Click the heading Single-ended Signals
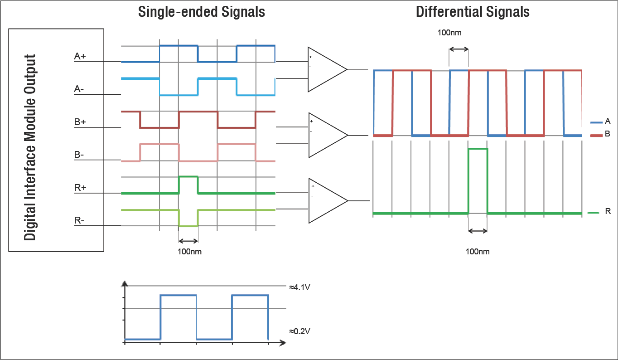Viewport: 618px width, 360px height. click(x=201, y=12)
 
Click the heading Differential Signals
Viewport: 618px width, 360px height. click(x=473, y=12)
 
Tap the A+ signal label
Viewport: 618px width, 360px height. click(x=80, y=56)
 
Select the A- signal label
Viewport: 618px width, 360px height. click(x=79, y=89)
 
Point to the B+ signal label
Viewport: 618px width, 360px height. click(x=80, y=122)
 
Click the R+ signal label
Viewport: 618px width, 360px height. click(x=80, y=188)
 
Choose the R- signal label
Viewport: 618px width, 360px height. click(x=79, y=221)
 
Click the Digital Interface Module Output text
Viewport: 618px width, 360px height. click(x=30, y=147)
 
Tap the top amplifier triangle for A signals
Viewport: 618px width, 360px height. click(x=324, y=69)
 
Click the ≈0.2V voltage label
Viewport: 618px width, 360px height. click(x=299, y=331)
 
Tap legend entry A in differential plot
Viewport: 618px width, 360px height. click(x=607, y=121)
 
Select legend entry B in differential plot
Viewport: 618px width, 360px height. click(x=607, y=134)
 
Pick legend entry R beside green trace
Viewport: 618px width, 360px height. click(x=608, y=212)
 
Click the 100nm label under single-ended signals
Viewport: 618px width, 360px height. click(x=189, y=252)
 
